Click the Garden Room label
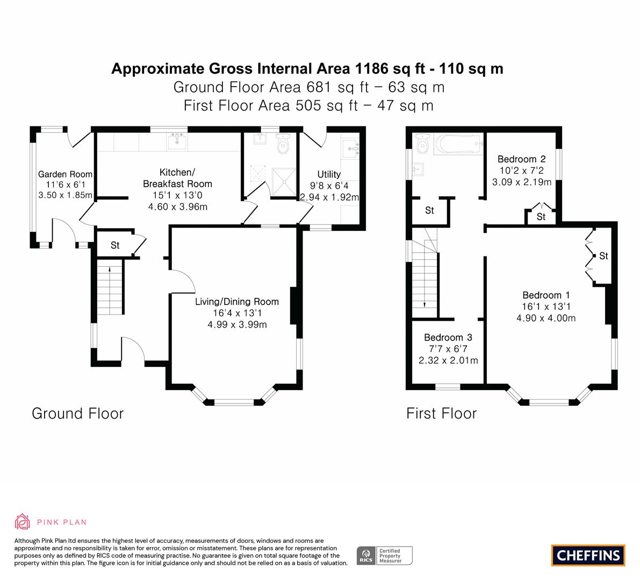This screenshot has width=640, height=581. coord(65,174)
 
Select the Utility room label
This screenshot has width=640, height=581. coord(329,174)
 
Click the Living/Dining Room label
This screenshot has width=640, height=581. coord(237,301)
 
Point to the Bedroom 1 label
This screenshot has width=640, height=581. coord(546,295)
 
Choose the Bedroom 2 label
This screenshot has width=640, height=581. coord(521,159)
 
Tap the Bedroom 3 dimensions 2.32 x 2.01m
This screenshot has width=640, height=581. coord(448,360)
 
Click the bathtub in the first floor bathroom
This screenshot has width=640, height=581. coord(457,144)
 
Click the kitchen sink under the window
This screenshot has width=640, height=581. coord(177,142)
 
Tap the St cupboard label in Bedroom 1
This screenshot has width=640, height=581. coord(603,256)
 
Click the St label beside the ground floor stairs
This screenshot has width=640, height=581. coord(115,245)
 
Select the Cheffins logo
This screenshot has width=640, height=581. coord(588,555)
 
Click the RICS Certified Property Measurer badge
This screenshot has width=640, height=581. coord(385,555)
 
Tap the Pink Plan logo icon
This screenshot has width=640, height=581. coord(23,521)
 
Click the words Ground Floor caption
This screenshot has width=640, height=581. coord(78,413)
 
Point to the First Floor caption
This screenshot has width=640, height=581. coord(441,413)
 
